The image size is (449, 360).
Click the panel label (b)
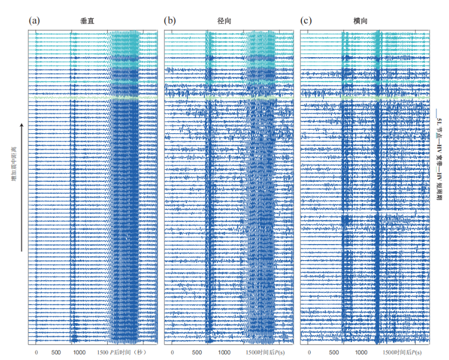pos(170,21)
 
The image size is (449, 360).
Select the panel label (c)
pos(306,21)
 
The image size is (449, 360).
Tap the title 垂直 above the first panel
pos(87,21)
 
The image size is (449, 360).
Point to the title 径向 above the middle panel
pos(224,21)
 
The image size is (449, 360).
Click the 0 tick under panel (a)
pos(36,352)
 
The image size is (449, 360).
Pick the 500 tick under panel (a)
pos(56,352)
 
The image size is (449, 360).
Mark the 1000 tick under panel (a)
pos(78,352)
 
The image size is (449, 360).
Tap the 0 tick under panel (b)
pos(172,352)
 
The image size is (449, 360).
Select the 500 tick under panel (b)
pos(196,352)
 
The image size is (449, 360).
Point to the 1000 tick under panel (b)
pos(224,352)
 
